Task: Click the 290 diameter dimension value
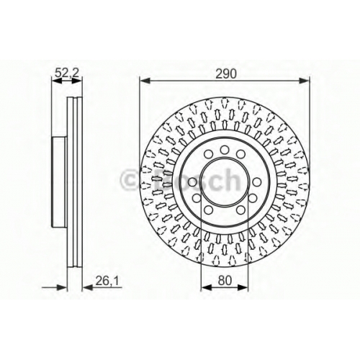[226, 73]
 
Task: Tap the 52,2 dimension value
[67, 73]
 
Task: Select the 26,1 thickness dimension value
[107, 280]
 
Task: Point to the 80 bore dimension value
[225, 280]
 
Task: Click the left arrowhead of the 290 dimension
[145, 81]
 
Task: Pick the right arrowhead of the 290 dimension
[304, 81]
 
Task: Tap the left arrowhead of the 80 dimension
[206, 287]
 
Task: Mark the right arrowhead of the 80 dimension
[243, 287]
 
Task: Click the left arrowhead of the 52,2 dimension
[57, 81]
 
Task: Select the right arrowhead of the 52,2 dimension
[76, 81]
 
